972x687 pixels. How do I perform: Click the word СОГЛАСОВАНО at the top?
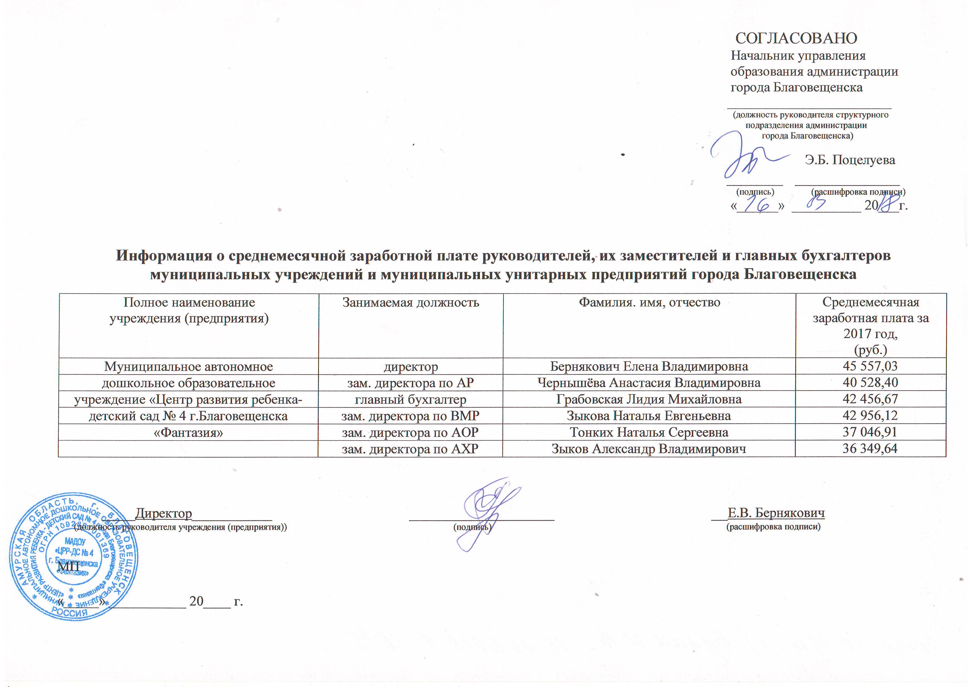point(796,38)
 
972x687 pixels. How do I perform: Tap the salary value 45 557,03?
point(870,366)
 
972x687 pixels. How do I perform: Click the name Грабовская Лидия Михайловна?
point(649,399)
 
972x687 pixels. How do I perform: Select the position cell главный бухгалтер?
point(410,399)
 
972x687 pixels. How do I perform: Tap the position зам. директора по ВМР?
point(410,416)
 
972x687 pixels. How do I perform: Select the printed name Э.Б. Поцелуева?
point(850,160)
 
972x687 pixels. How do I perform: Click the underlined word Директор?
point(163,514)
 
